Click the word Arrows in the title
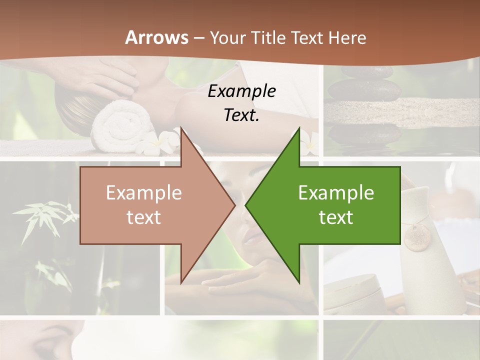pos(156,37)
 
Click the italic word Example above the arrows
pos(241,91)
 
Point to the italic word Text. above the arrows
pos(241,115)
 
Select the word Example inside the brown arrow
pos(143,193)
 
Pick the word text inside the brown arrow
pos(143,217)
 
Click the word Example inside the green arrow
pos(336,193)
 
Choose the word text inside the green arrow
pos(336,217)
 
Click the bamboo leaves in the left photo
pos(50,215)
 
